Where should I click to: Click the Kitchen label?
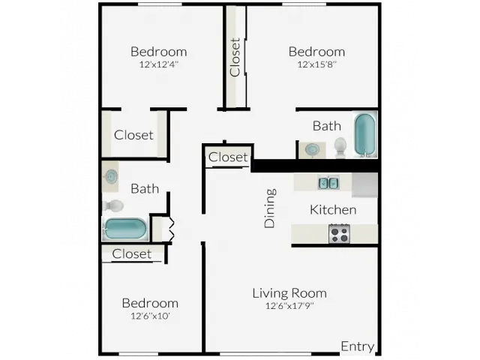333,210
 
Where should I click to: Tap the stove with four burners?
339,234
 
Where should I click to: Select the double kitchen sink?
328,183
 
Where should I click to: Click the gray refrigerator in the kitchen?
365,185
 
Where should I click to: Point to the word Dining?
270,208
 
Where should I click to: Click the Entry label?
358,346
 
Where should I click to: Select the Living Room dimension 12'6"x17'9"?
289,306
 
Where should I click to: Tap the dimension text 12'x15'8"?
316,64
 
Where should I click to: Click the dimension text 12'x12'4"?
159,64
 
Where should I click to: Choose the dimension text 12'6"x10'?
150,316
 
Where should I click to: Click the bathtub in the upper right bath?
365,135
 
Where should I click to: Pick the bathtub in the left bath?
124,228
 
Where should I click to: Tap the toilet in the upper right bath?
340,147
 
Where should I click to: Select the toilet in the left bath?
113,205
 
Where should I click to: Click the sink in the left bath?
110,176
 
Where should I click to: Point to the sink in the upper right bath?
312,150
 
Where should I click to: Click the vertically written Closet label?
235,57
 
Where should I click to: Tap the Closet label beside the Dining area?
228,157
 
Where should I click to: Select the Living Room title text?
289,293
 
